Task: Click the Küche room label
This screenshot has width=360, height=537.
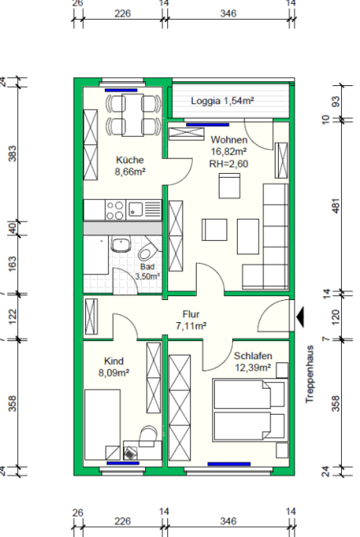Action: coord(130,160)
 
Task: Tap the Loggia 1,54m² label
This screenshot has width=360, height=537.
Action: coord(222,101)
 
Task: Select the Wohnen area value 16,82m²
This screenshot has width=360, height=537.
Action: coord(229,152)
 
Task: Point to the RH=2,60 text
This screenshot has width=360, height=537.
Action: coord(229,164)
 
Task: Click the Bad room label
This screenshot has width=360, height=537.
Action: coord(148,266)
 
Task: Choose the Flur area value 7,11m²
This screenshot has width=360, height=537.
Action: coord(191,325)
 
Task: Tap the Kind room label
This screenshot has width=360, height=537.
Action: coord(114,361)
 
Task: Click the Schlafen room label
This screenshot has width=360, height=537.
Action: coord(253,356)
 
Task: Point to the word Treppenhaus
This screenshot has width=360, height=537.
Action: coord(309,374)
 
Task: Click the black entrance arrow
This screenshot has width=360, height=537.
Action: coord(300,317)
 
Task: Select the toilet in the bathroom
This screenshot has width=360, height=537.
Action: coord(148,249)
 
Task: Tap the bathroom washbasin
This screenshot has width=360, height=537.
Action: coord(121,244)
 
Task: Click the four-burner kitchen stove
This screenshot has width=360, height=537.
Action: coord(115,210)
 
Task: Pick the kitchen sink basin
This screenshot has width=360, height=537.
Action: coord(136,209)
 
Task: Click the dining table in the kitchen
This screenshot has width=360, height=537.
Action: coord(133,115)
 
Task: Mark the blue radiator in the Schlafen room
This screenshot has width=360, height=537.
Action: coord(229,464)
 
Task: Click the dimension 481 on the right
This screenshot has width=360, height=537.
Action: coord(336,206)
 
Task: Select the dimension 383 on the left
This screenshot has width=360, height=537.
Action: coord(12,153)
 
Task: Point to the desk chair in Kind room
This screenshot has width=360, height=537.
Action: coord(148,435)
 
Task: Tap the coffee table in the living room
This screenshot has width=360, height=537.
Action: coord(248,237)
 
